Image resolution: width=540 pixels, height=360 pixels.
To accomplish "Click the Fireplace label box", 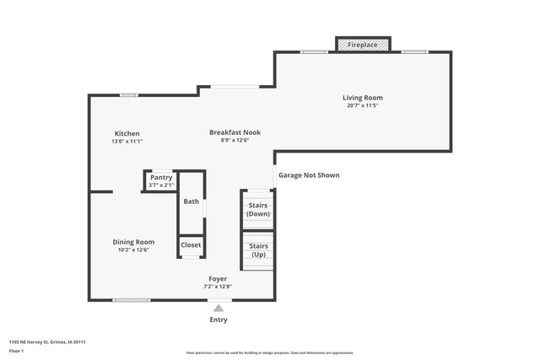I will (x=363, y=44).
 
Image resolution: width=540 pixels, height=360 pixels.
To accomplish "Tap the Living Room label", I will (x=363, y=98).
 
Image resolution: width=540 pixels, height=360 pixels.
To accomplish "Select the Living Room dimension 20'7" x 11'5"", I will (x=363, y=106).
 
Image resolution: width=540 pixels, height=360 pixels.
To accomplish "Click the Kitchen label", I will (x=127, y=133).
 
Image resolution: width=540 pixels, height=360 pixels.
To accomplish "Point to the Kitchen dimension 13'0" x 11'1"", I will (x=127, y=142).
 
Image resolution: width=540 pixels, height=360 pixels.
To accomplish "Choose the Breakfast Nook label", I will (x=235, y=132).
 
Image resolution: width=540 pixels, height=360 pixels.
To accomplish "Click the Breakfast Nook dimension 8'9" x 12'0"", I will (x=235, y=140).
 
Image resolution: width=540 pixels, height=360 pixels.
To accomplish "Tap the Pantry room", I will (x=160, y=180).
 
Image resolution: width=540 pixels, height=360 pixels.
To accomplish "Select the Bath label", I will (x=192, y=201).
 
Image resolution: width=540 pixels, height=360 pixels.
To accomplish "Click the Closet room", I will (x=191, y=245).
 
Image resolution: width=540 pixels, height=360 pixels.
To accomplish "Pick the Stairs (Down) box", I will (x=257, y=209).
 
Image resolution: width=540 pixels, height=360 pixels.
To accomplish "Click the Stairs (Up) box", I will (x=257, y=250).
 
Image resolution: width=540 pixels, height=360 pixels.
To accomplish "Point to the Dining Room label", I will (x=133, y=242).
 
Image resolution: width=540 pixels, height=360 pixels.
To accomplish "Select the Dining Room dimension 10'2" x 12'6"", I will (x=133, y=250).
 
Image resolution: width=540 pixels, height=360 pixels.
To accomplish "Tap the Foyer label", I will (x=218, y=278).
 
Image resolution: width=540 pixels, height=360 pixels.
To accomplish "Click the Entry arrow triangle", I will (x=219, y=309).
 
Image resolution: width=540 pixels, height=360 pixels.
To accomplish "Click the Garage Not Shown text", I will (x=309, y=175).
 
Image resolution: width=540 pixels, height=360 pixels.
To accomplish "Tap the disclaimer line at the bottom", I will (x=270, y=352).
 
